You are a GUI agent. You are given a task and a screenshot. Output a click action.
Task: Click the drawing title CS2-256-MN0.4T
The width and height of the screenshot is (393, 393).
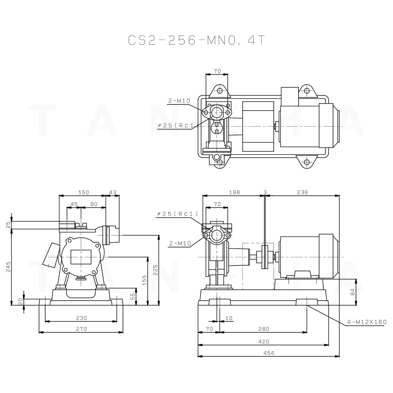[x=197, y=40]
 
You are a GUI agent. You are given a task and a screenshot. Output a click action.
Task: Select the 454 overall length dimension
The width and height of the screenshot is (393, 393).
[x=268, y=353]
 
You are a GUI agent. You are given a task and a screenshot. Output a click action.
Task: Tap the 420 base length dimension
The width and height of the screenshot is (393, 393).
[x=264, y=342]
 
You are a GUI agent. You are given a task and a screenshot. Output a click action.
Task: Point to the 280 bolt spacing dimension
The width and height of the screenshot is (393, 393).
[x=264, y=329]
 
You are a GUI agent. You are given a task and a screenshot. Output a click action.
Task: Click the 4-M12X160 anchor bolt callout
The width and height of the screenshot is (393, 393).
[x=367, y=322]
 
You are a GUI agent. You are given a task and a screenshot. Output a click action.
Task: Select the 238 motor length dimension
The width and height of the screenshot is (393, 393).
[x=302, y=192]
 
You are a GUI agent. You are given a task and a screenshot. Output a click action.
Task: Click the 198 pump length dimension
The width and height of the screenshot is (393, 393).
[x=234, y=192]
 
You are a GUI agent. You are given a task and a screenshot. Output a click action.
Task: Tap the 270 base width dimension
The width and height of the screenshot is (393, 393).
[x=81, y=329]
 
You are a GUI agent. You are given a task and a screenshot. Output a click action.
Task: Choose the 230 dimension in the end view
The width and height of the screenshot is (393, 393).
[x=81, y=318]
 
